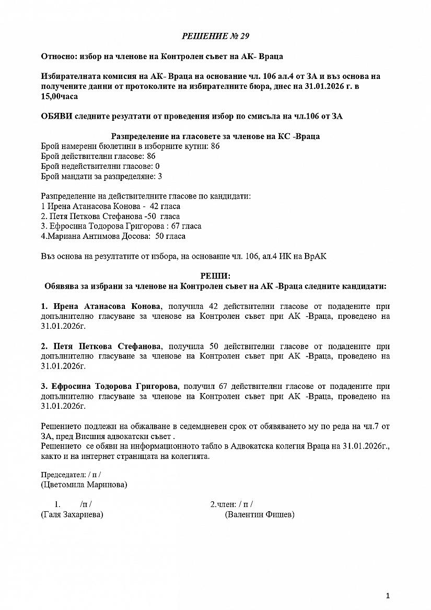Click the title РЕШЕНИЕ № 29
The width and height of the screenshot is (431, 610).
215,36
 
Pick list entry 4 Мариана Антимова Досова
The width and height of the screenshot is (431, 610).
113,236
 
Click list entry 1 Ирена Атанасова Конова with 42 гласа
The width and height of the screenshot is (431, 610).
110,206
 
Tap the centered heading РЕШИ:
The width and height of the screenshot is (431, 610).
215,276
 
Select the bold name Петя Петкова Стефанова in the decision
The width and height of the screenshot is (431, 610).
108,346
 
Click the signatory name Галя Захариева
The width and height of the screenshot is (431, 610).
72,515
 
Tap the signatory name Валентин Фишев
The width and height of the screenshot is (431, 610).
260,515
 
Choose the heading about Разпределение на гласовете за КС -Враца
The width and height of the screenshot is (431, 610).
215,136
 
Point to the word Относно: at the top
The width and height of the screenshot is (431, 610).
58,56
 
